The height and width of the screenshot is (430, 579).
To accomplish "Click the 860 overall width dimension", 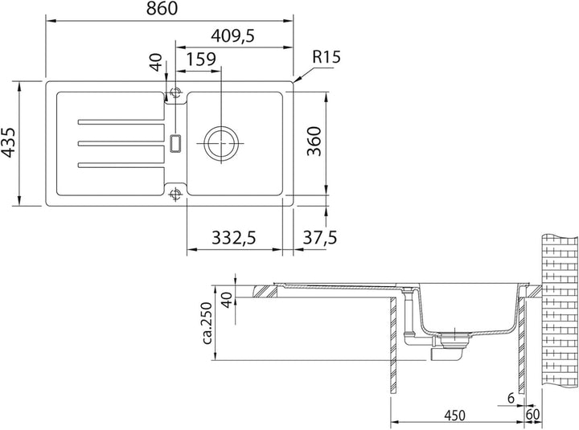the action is point(162,9).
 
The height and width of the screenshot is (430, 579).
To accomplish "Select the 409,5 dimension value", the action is point(232,36).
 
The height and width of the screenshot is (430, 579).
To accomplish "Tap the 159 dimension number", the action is point(200,59).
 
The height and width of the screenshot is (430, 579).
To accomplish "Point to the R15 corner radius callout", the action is point(326,57).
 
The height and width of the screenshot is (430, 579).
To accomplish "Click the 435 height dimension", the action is point(8,142).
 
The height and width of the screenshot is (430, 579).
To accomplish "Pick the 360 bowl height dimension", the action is point(314,141).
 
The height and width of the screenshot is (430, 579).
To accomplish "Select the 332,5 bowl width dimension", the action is point(234,238).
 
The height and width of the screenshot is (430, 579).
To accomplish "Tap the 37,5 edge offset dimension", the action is point(320,237).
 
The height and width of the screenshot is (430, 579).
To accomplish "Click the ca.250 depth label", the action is point(207,323).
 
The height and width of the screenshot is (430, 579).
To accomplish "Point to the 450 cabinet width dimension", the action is point(454,416).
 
